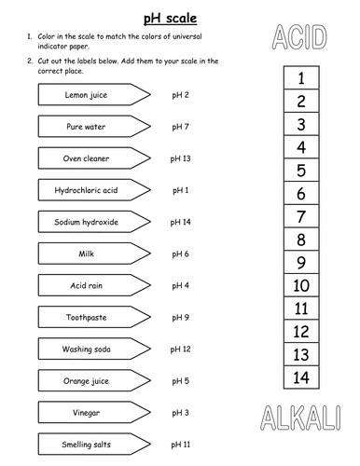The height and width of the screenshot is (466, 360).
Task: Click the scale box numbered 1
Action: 300,79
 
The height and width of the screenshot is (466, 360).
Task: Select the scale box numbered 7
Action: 300,217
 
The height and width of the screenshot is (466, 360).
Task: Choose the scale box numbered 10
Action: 300,286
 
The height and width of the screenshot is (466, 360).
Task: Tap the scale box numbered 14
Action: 300,377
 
